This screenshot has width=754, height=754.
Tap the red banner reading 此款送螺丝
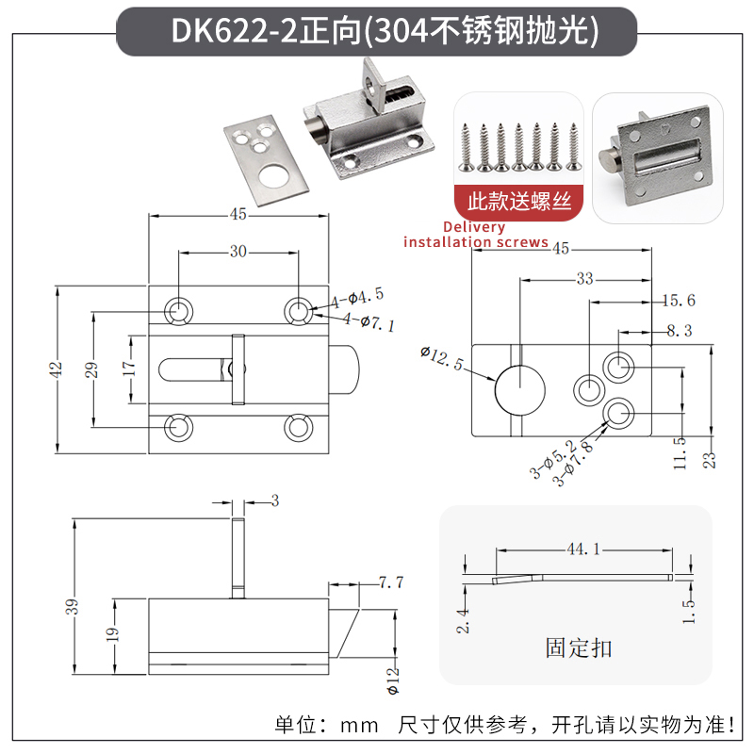518,200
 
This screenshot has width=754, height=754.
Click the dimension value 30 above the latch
238,252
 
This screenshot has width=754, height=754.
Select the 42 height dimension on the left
56,369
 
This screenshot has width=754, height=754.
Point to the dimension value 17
130,369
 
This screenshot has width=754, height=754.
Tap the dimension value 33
584,279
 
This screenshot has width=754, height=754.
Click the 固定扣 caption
578,647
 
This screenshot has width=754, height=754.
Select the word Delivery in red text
473,227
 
